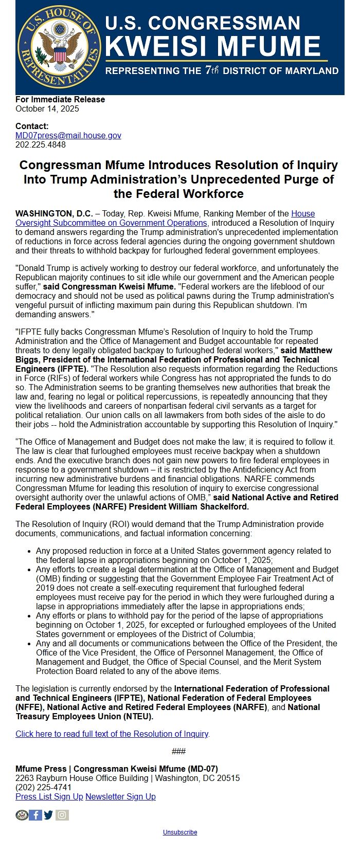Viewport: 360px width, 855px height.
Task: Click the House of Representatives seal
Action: pos(59,47)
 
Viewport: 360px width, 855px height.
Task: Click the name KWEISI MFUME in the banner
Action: pos(213,46)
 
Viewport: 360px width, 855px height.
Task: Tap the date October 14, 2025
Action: pos(47,108)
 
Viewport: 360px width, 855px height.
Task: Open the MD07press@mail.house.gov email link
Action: pos(68,135)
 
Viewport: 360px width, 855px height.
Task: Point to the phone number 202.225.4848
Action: pos(41,144)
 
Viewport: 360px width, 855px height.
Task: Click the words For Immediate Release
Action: pos(60,99)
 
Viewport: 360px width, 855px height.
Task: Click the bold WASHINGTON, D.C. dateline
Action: pos(54,213)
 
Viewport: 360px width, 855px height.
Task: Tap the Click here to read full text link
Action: pos(112,734)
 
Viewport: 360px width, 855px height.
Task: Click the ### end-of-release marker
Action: pos(178,751)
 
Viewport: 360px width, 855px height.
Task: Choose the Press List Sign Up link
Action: pos(49,796)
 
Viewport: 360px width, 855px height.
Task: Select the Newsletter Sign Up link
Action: pos(120,796)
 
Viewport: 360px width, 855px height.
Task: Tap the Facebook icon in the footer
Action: pos(35,815)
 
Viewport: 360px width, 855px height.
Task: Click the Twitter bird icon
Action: pos(48,815)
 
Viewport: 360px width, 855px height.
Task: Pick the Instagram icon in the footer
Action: pos(62,815)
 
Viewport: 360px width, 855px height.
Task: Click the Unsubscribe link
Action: pos(180,832)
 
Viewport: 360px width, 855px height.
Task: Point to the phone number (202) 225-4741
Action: pos(44,787)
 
